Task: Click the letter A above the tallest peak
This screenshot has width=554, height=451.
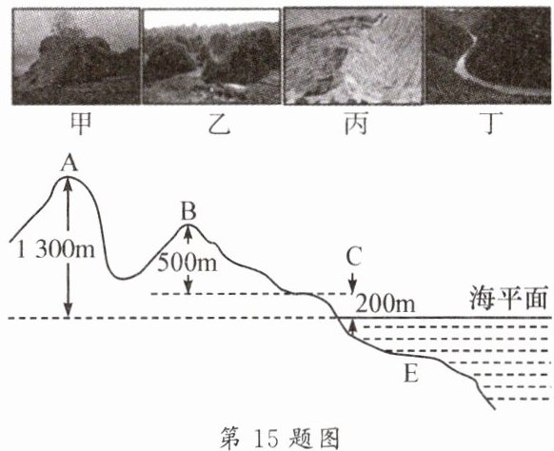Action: [69, 164]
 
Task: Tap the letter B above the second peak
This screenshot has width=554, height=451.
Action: [188, 211]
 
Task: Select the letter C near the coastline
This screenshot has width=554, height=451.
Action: [353, 257]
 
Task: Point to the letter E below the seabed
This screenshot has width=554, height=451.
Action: [411, 374]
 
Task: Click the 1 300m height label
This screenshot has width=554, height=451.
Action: [56, 249]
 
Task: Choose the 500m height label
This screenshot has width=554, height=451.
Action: [187, 263]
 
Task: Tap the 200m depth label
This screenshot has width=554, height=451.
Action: [386, 304]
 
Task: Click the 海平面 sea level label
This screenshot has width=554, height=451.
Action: [508, 299]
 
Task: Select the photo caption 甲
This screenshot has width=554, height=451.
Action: [81, 124]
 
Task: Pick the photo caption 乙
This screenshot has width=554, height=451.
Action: [219, 125]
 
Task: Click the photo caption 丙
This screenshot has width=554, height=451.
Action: [356, 124]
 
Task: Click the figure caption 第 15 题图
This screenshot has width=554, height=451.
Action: [280, 438]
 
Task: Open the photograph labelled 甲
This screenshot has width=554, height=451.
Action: [76, 56]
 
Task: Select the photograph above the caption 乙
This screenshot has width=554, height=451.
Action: [211, 56]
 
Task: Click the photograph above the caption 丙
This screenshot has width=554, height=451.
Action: [353, 56]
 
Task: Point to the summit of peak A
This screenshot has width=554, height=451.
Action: [69, 176]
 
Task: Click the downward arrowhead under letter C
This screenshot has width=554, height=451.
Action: [352, 289]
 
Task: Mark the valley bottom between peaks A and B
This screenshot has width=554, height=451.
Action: [124, 279]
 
